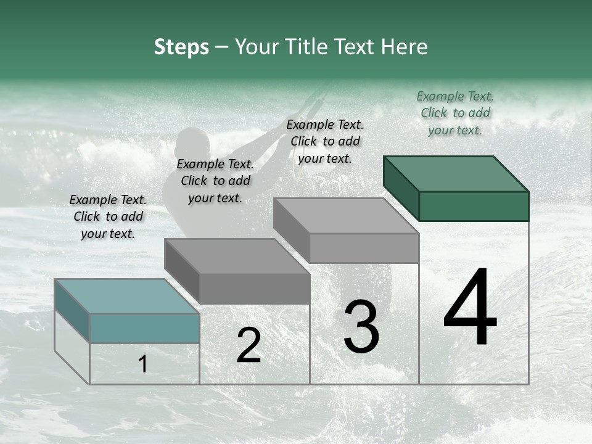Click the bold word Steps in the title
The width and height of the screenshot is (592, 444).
click(x=181, y=47)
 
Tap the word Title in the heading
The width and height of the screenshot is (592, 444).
click(x=305, y=47)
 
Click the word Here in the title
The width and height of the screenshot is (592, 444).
click(x=405, y=47)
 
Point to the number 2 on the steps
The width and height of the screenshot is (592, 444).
click(x=249, y=345)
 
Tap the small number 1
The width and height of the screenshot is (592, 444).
click(x=143, y=364)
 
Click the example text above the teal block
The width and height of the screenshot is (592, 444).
click(x=108, y=216)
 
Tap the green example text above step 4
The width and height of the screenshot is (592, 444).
click(x=455, y=113)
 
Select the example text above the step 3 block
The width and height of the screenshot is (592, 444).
click(x=325, y=141)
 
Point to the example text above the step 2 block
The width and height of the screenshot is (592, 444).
click(x=215, y=181)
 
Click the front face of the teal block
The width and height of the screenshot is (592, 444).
click(x=144, y=328)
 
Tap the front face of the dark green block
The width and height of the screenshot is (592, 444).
click(x=474, y=206)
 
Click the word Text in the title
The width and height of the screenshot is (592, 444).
click(x=353, y=47)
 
